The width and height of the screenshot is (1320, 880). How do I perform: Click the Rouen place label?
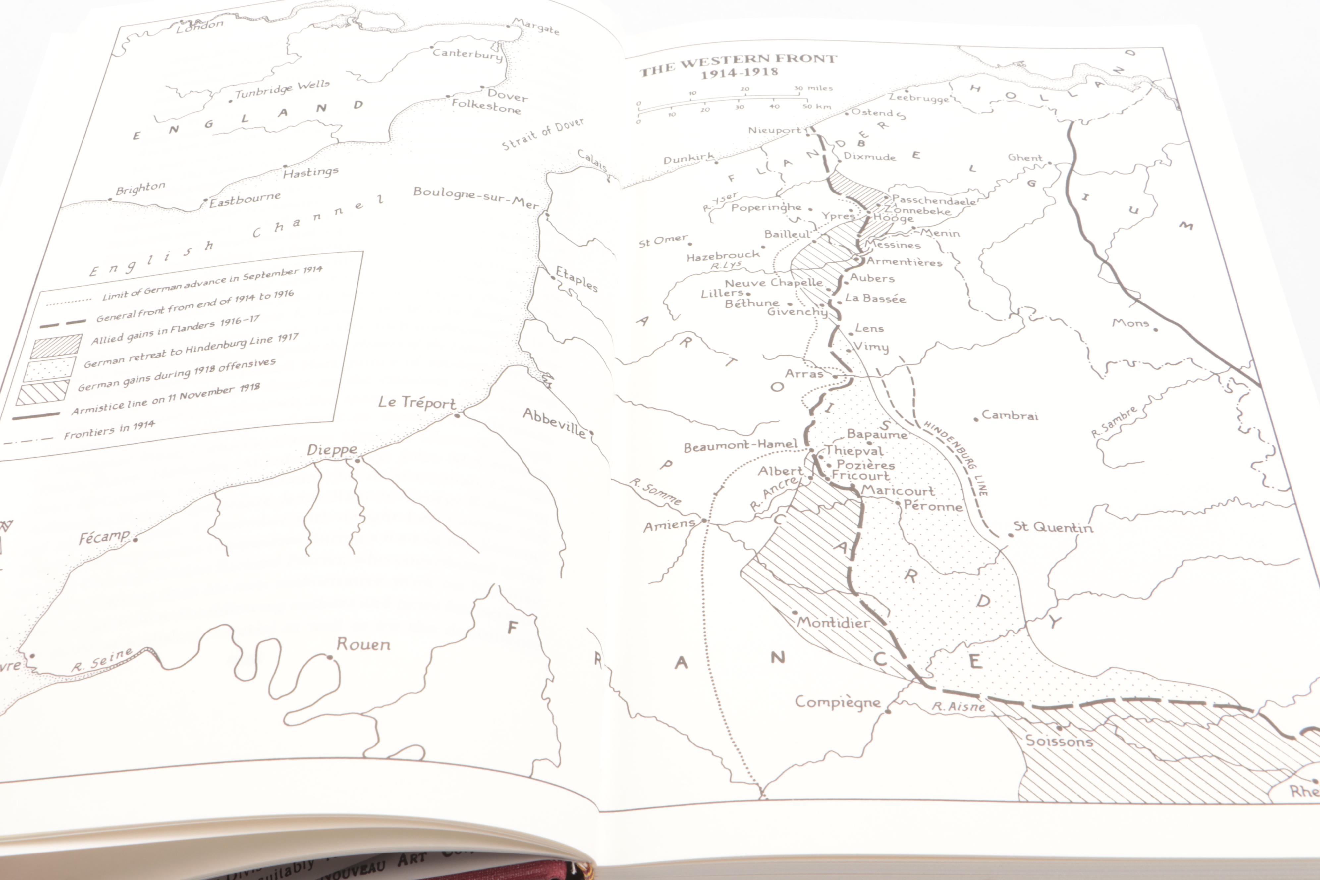pos(363,644)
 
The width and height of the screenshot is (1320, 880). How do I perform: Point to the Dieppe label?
pos(332,450)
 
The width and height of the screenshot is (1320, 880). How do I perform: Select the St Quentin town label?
pos(1052,527)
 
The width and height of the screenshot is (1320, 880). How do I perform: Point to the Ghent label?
pos(1025,158)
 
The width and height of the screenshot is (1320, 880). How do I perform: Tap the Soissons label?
pos(1059,741)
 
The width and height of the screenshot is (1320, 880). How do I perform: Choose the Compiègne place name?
pos(837,702)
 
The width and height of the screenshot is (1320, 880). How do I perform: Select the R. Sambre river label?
pos(1114,421)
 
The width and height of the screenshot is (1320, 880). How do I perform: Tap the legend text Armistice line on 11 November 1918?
pos(166,399)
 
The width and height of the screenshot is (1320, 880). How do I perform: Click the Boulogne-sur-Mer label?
pos(476,197)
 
